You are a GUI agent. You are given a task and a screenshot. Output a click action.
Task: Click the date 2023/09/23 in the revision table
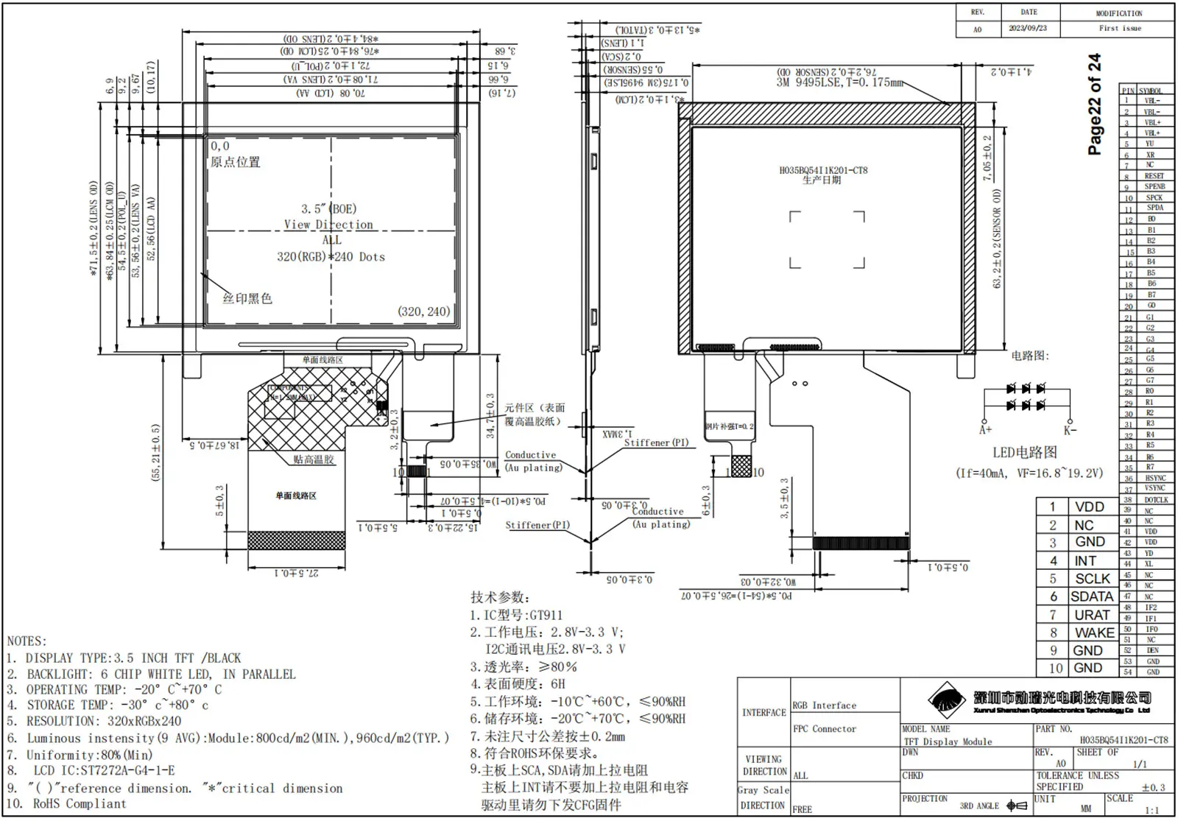point(1028,29)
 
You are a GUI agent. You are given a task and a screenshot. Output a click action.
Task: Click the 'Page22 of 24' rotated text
point(1095,104)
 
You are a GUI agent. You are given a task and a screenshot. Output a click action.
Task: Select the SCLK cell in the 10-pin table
point(1093,579)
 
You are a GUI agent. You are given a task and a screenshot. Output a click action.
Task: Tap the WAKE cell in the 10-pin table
point(1094,633)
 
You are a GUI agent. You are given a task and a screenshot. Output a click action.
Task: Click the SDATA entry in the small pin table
point(1092,596)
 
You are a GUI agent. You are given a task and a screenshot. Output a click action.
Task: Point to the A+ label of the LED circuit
point(985,429)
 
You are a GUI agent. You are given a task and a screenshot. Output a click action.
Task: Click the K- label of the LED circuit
point(1070,429)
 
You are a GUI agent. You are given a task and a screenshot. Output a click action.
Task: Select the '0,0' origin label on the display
point(220,147)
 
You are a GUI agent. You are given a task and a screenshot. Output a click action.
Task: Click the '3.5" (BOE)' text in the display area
point(328,209)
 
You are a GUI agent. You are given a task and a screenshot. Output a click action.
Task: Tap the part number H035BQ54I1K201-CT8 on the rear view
point(823,170)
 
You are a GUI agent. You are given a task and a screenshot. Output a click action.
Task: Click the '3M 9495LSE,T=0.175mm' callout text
point(839,82)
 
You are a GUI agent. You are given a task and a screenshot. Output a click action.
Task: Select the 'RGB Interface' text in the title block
point(824,705)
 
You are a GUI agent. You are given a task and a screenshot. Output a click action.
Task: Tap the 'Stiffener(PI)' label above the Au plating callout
point(656,443)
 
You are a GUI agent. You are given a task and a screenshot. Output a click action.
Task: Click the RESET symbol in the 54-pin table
point(1154,176)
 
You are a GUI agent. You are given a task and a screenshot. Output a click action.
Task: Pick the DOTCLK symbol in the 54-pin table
point(1155,500)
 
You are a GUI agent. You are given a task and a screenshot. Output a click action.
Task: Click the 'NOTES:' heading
point(27,641)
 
